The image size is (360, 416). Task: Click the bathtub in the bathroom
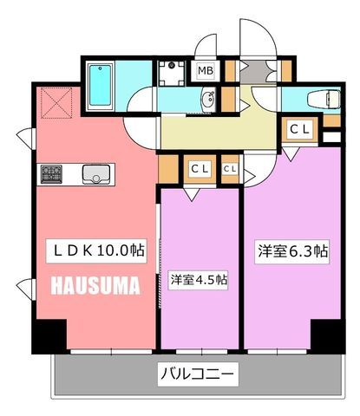click(100, 85)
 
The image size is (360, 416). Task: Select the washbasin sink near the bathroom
click(208, 99)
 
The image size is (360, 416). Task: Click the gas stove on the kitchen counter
click(51, 174)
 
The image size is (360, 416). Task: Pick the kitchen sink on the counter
click(96, 174)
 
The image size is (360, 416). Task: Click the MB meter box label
click(206, 70)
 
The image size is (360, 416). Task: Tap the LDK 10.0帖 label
click(96, 250)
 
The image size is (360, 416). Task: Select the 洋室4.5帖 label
click(199, 280)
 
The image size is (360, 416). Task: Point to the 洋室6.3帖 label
click(292, 251)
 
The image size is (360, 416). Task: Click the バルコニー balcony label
click(198, 374)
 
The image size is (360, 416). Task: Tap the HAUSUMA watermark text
click(95, 285)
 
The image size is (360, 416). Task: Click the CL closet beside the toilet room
click(300, 129)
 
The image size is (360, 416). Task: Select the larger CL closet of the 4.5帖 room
click(200, 169)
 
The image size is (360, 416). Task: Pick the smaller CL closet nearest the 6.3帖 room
click(230, 169)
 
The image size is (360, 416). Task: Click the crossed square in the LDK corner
click(56, 103)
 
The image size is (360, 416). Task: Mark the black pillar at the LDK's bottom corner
click(49, 336)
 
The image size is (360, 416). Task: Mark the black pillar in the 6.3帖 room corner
click(328, 336)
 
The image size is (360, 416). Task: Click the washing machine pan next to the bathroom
click(172, 74)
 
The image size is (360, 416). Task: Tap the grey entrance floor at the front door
click(259, 71)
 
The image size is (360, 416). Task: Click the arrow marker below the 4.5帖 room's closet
click(192, 194)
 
